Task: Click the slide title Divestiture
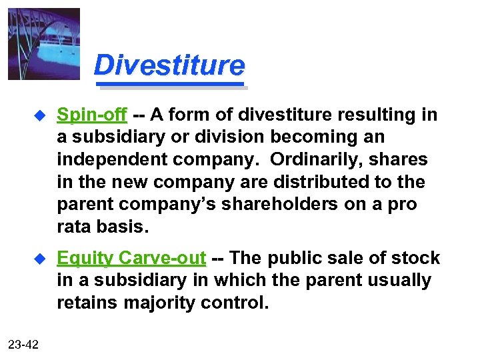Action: [169, 66]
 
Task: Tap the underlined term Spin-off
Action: [91, 115]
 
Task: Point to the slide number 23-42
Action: [23, 344]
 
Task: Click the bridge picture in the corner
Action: [43, 43]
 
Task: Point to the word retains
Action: [87, 304]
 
